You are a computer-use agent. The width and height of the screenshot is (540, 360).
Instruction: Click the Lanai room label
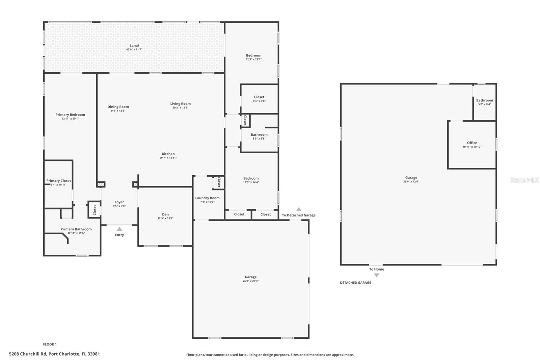point(134,46)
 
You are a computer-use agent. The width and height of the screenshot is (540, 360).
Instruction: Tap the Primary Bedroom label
point(70,115)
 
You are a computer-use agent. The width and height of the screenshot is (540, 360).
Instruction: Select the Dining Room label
point(118,107)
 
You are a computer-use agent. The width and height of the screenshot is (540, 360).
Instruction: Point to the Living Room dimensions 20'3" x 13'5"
point(180,108)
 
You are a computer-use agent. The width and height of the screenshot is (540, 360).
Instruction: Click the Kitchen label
point(168,154)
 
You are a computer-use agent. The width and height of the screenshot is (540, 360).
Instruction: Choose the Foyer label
point(119,202)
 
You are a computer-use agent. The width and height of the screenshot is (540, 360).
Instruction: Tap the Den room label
point(165,214)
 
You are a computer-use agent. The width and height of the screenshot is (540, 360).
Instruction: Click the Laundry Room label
point(207,198)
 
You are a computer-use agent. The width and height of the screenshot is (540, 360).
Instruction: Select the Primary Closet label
point(59,181)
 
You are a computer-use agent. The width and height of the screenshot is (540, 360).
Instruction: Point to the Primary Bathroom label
point(76,229)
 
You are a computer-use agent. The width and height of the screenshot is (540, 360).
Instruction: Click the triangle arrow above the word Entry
point(119,229)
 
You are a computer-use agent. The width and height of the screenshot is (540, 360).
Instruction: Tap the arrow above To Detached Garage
point(299,209)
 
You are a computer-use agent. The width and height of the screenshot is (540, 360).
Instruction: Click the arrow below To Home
point(377,275)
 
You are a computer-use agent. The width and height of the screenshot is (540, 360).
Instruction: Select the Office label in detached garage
point(472,143)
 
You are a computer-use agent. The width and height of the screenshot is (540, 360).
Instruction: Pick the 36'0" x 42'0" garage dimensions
point(411,182)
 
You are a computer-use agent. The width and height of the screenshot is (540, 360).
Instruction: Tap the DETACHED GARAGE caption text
point(355,283)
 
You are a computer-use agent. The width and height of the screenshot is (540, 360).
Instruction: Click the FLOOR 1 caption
point(50,344)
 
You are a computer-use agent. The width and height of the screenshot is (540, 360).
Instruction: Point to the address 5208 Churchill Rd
point(54,354)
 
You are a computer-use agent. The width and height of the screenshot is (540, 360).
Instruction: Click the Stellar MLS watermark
point(524,180)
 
